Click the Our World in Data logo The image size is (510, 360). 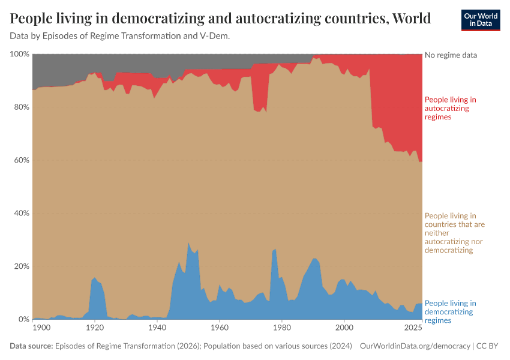tap(480, 20)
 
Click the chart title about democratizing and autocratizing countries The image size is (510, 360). tap(220, 19)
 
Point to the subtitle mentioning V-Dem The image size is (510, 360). tap(120, 36)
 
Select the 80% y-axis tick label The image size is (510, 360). tap(21, 107)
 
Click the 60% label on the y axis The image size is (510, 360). tap(21, 160)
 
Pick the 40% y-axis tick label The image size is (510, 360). tap(21, 214)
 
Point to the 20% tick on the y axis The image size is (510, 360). tap(21, 266)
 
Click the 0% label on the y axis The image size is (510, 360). tap(23, 320)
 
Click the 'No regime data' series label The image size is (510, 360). tap(451, 55)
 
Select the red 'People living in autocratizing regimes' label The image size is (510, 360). tap(450, 108)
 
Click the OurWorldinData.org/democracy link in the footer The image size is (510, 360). tap(415, 346)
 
